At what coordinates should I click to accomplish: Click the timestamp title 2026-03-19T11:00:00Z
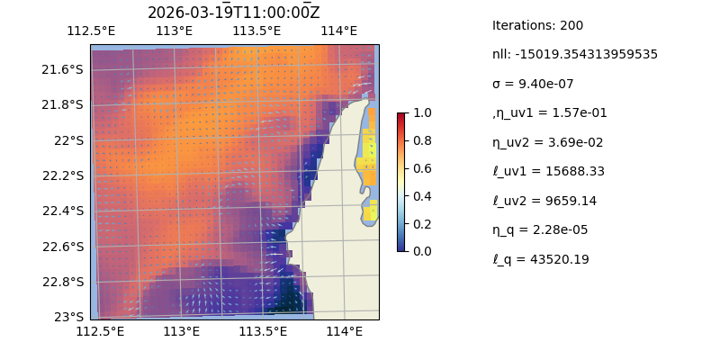234,13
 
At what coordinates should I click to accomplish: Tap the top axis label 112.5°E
91,31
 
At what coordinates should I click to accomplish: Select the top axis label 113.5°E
256,31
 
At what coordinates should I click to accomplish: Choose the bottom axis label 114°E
344,332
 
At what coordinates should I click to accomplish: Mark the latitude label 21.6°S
64,69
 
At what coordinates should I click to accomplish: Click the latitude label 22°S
69,140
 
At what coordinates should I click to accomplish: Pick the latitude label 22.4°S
64,211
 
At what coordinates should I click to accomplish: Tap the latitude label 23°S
69,317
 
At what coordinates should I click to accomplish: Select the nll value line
574,54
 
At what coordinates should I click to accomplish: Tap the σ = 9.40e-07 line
533,84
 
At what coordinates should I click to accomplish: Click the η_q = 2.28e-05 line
540,229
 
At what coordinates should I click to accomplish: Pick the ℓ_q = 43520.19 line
540,259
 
